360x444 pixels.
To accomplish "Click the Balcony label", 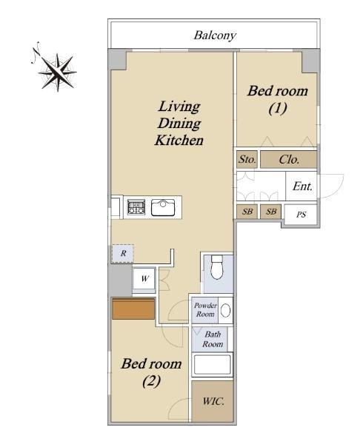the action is tap(215, 36).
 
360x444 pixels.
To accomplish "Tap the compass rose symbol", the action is tap(58, 72).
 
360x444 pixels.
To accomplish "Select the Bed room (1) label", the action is tap(278, 99).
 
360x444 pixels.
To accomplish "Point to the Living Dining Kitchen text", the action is tap(179, 123).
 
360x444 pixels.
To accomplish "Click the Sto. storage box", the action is tap(247, 159).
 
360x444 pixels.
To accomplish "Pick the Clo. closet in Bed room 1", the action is tap(289, 159).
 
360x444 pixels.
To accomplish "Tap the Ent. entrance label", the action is tap(302, 186).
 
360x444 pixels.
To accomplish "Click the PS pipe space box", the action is tap(301, 215).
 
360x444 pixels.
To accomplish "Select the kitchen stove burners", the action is tap(136, 207).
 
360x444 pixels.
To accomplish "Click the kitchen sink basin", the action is tap(163, 208).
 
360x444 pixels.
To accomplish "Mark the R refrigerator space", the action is tap(123, 253).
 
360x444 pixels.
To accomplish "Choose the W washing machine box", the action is tap(144, 278).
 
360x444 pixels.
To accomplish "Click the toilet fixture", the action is tap(218, 267).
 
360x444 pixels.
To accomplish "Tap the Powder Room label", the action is tap(205, 310).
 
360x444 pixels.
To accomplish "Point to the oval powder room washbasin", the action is tap(226, 310).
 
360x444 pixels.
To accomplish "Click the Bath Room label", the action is tap(213, 339).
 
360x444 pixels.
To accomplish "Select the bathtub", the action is tap(213, 364).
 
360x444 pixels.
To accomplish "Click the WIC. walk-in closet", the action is tap(213, 401).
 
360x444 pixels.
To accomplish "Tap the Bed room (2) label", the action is tap(151, 372).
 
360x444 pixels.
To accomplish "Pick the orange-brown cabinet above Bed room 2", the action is tap(133, 309).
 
